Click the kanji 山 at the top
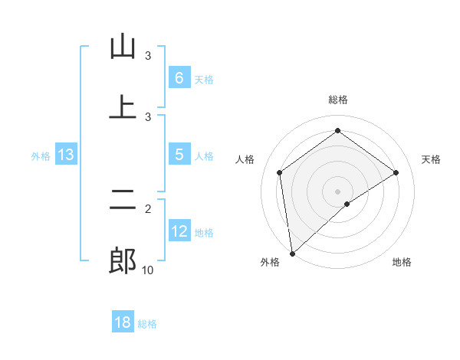(123, 47)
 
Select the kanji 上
(123, 108)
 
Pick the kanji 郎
(123, 261)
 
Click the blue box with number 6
(179, 78)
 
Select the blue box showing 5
(179, 155)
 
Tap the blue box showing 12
(179, 231)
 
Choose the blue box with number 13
(65, 155)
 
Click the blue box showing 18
(122, 322)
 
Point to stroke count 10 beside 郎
(148, 270)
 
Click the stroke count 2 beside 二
(148, 208)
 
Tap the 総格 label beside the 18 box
(147, 324)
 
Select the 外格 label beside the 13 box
(41, 155)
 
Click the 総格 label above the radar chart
(337, 100)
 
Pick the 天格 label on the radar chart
(431, 159)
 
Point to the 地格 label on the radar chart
(402, 263)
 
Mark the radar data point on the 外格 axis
(291, 253)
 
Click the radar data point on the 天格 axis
(396, 172)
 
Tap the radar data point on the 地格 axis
(347, 204)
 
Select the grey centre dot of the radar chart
(337, 191)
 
